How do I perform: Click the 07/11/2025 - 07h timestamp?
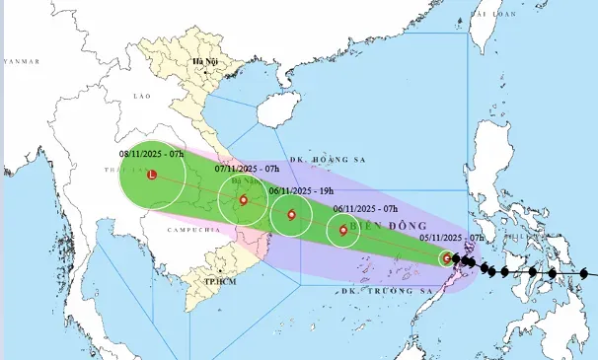click(x=248, y=169)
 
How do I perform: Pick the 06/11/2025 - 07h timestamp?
click(x=365, y=208)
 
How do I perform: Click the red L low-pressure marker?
click(x=151, y=176)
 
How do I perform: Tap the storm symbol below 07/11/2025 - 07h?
click(x=243, y=200)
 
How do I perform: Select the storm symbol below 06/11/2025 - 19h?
click(x=291, y=214)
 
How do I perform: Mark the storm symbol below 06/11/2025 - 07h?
click(x=343, y=231)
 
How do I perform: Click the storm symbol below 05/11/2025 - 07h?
click(x=447, y=258)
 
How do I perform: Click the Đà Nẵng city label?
click(x=243, y=181)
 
